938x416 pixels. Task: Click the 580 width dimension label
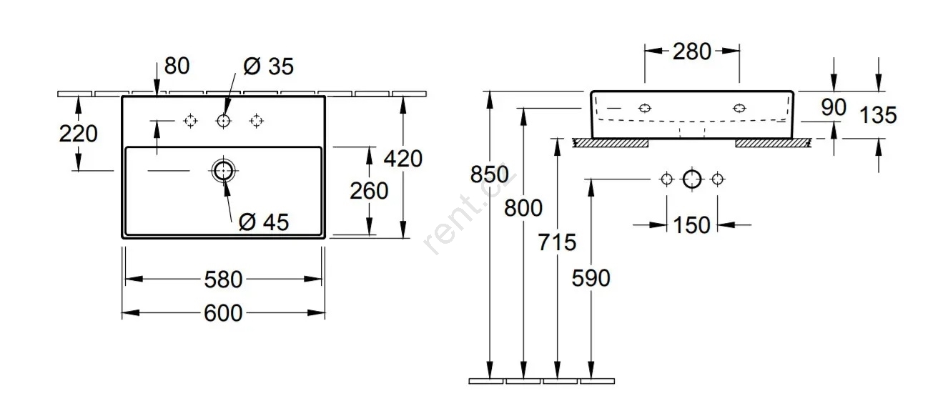(x=224, y=279)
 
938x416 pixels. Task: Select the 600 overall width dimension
(x=224, y=312)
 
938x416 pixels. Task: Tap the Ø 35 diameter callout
(x=268, y=66)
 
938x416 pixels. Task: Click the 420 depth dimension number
(x=403, y=159)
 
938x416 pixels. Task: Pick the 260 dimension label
(x=370, y=191)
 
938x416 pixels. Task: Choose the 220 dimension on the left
(x=79, y=134)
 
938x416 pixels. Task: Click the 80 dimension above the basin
(x=177, y=66)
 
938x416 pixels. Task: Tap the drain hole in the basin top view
(x=224, y=170)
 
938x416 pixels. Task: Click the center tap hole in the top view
(x=224, y=121)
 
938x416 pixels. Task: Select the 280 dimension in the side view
(x=692, y=51)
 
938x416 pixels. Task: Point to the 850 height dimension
(x=490, y=174)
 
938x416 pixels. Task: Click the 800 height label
(x=523, y=208)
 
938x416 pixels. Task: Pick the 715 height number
(x=557, y=242)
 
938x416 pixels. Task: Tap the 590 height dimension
(x=591, y=277)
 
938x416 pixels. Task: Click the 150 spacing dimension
(x=692, y=225)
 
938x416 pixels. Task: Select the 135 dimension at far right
(x=878, y=114)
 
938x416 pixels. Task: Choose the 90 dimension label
(x=833, y=108)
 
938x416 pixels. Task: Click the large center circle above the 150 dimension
(x=692, y=179)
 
